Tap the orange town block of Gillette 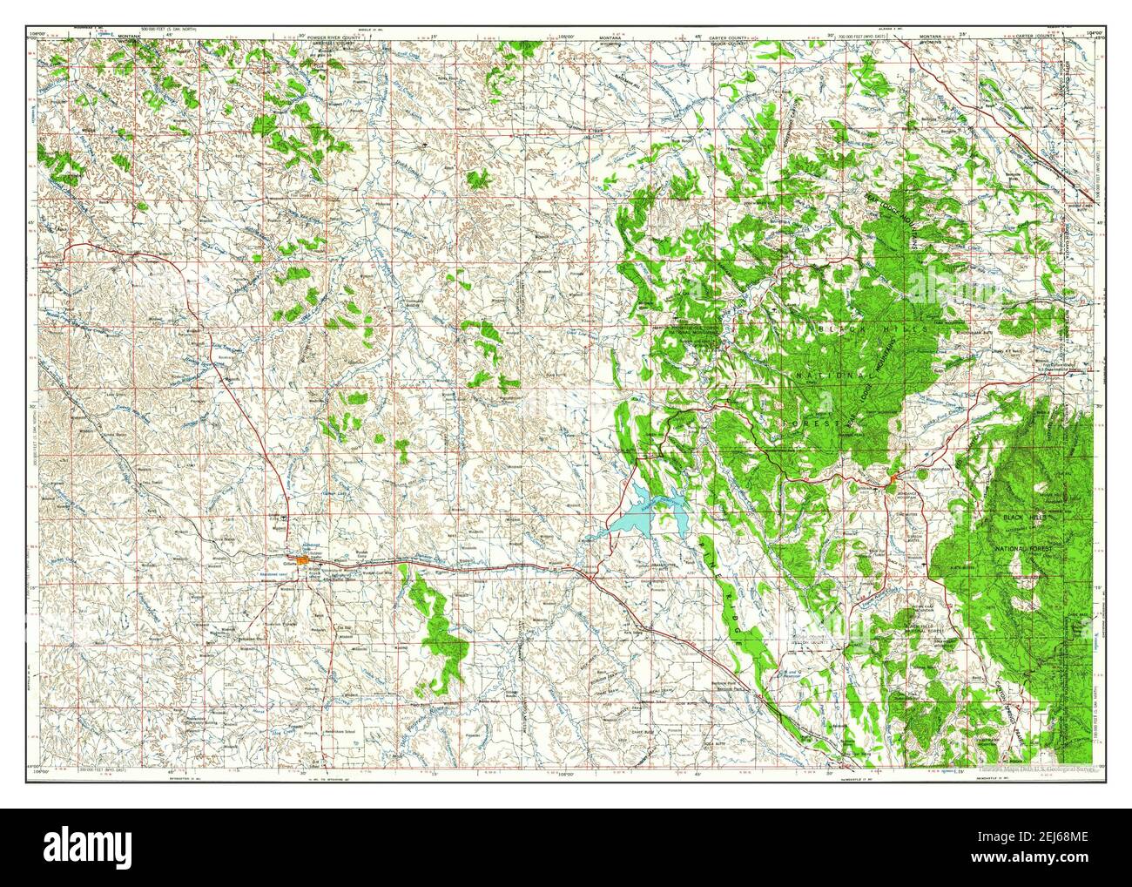coord(304,560)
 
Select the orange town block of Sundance coord(893,477)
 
